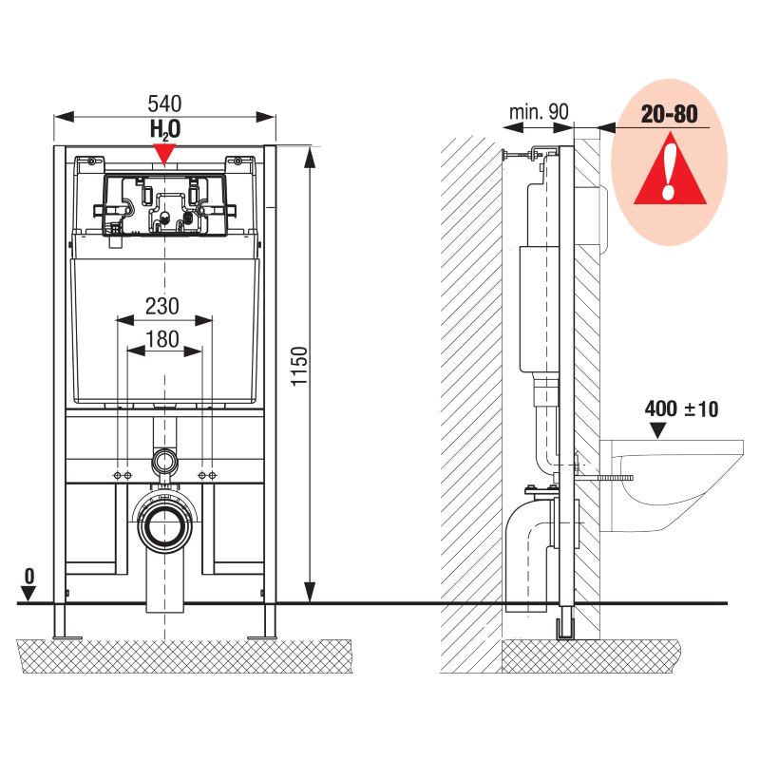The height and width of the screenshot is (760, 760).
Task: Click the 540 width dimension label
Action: point(164,104)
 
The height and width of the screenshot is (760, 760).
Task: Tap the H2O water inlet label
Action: point(165,130)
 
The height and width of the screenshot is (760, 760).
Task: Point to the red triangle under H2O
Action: point(164,154)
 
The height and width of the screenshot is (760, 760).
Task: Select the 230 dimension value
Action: point(162,306)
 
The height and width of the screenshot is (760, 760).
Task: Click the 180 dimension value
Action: point(162,339)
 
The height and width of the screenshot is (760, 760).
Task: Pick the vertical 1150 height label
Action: point(299,366)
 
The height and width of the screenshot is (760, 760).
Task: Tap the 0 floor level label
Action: point(29,576)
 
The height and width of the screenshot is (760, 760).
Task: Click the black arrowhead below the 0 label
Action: point(29,594)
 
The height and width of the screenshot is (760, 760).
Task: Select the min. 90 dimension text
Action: point(539,112)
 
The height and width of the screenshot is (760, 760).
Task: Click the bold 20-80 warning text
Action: point(670,114)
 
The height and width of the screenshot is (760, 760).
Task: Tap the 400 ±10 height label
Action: point(681,409)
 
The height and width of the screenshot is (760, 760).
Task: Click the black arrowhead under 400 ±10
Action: point(657,430)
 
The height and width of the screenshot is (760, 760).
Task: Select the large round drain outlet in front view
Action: point(164,524)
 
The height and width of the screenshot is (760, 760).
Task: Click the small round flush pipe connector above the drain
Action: point(164,462)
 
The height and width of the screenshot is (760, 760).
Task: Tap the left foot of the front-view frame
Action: point(61,621)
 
